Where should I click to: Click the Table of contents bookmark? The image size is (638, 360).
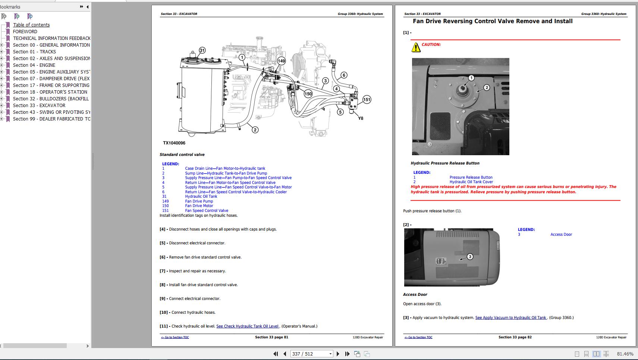tap(31, 25)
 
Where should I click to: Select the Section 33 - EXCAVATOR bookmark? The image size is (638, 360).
tap(39, 106)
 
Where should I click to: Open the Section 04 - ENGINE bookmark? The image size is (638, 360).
tap(34, 65)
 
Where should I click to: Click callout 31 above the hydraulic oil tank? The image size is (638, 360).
tap(202, 50)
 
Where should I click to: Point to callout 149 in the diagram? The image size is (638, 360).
tap(281, 61)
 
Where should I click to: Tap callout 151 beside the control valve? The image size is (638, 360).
tap(367, 100)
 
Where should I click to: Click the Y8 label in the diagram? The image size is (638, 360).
tap(361, 118)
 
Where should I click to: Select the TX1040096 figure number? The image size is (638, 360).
tap(174, 143)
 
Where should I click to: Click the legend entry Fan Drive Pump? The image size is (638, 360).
tap(199, 201)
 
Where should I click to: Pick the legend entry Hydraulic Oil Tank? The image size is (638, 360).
tap(201, 196)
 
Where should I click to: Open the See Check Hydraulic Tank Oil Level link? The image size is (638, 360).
tap(248, 326)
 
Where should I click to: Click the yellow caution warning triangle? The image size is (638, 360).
tap(416, 47)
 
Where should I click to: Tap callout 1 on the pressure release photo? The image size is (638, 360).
tap(471, 78)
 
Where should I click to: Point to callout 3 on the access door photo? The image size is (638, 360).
tap(470, 257)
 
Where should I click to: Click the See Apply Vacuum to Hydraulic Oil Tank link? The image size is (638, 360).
tap(511, 317)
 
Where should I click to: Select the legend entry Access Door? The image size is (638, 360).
tap(561, 234)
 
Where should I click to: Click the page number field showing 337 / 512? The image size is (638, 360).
tap(312, 354)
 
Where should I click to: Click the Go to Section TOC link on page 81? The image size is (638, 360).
tap(175, 337)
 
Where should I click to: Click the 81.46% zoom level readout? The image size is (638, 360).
tap(625, 354)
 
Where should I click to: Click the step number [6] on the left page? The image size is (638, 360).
tap(162, 257)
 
